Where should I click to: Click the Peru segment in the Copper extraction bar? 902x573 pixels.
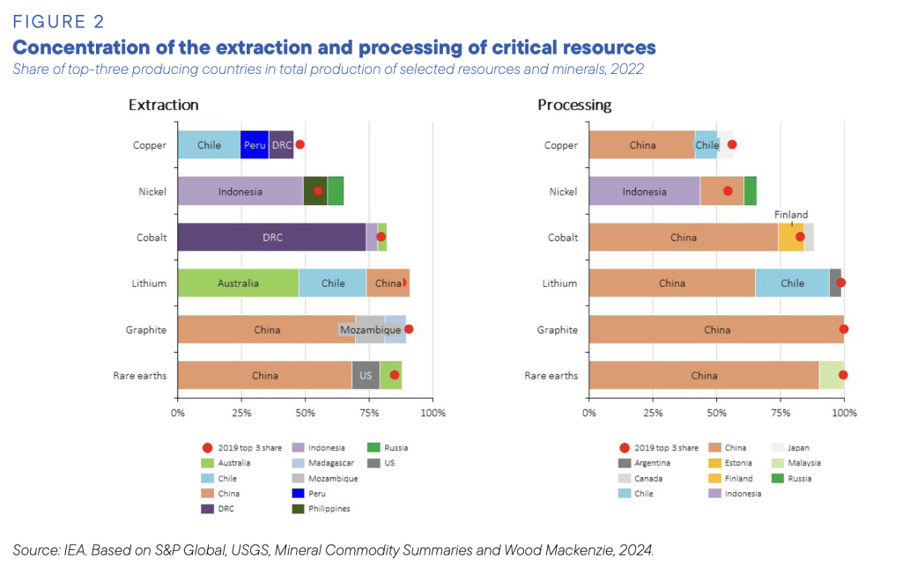255,145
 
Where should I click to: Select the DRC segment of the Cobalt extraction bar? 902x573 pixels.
271,238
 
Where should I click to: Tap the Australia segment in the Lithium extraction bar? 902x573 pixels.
238,283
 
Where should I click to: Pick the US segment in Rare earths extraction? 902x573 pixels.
365,376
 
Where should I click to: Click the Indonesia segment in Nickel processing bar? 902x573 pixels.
644,191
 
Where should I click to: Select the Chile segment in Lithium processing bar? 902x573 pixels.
792,283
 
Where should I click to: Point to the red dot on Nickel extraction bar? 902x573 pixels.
318,191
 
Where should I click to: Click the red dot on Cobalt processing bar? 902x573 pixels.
800,237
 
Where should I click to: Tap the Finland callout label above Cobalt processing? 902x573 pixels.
791,215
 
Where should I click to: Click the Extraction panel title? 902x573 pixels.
163,105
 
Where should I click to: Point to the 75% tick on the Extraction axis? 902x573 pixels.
369,412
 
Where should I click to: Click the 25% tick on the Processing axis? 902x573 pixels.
653,412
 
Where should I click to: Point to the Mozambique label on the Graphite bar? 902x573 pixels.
370,330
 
